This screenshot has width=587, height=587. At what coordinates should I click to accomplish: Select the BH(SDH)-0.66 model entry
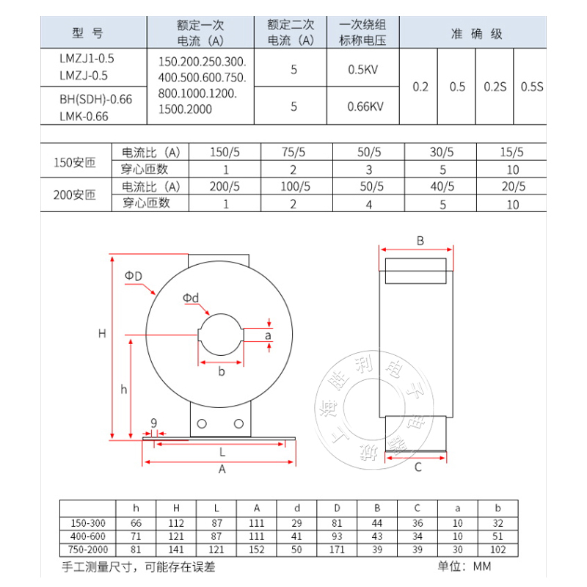96,99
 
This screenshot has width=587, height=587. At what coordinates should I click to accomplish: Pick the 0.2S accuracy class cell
495,87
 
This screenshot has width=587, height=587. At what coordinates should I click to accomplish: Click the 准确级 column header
476,34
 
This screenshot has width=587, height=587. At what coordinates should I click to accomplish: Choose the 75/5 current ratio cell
293,153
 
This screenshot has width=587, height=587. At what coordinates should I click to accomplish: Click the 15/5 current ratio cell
511,153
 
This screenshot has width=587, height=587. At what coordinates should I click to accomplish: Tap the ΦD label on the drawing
133,275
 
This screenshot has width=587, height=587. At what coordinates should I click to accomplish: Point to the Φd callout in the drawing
191,297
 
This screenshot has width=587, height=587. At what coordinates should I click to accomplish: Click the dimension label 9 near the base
153,422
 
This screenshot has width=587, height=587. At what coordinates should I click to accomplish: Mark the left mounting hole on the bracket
203,424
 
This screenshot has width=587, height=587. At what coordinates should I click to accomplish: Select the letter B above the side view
420,241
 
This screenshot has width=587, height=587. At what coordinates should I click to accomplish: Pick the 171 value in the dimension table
337,550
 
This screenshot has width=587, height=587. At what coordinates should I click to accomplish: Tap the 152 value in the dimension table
257,550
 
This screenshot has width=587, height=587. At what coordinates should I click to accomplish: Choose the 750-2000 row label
87,550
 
